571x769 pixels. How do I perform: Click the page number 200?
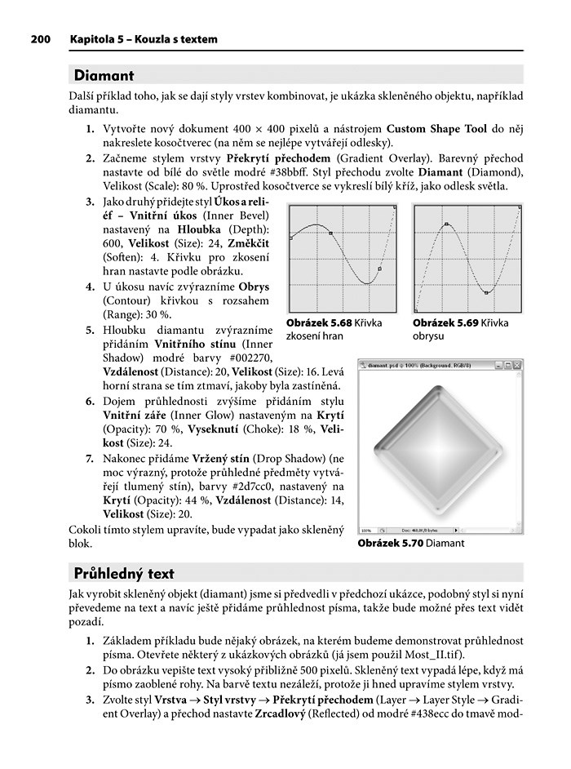click(40, 38)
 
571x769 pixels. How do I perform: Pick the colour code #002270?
click(248, 356)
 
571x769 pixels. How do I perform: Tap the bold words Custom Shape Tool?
click(436, 128)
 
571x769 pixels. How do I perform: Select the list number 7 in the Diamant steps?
click(91, 457)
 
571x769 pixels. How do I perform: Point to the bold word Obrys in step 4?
click(253, 287)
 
